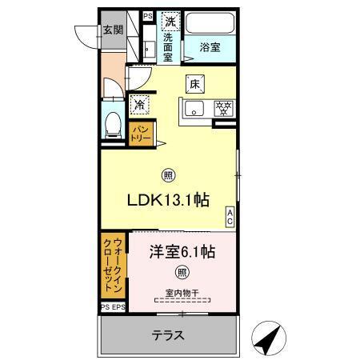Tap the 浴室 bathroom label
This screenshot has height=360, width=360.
click(x=211, y=46)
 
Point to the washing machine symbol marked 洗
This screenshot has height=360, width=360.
click(x=170, y=22)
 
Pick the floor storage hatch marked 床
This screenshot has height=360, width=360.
click(x=194, y=82)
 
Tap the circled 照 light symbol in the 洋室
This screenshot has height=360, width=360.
click(x=183, y=272)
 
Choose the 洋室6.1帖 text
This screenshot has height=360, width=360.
click(x=182, y=252)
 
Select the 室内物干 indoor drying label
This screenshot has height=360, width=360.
click(x=183, y=292)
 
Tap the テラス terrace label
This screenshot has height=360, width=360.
click(x=168, y=335)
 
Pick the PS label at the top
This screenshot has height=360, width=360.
click(x=148, y=15)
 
